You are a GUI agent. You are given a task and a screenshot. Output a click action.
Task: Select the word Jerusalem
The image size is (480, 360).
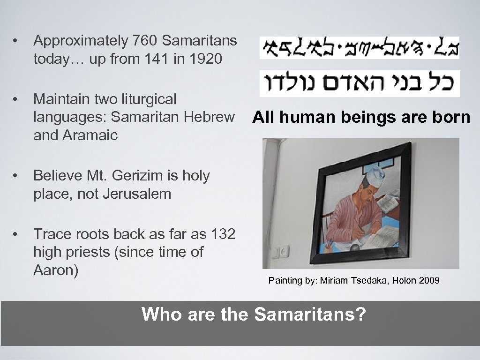click(x=136, y=194)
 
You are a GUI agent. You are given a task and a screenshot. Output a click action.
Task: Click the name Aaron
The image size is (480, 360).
click(x=55, y=270)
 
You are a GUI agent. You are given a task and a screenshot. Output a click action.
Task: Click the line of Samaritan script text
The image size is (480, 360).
click(x=360, y=47)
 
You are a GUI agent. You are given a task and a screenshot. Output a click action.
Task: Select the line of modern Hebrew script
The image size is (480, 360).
click(x=360, y=83)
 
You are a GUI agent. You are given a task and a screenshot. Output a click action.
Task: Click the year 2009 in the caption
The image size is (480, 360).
click(x=430, y=281)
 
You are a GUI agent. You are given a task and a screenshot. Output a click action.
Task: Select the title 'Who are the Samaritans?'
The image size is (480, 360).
click(x=253, y=314)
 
